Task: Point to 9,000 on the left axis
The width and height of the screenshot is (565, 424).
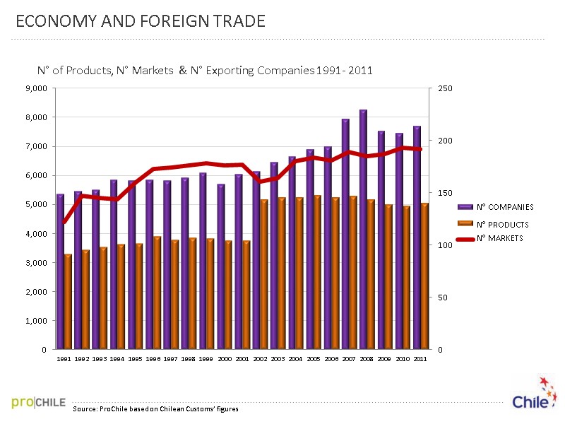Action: coord(35,88)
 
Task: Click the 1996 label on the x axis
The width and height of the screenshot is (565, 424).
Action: coord(153,360)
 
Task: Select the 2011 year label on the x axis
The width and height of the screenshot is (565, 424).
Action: coord(420,360)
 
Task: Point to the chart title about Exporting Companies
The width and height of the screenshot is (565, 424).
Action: coord(205,71)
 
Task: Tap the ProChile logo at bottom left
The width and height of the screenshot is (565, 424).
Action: coord(39,403)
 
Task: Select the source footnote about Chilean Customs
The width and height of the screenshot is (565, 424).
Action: coord(160,409)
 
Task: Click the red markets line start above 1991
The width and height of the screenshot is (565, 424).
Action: coord(64,222)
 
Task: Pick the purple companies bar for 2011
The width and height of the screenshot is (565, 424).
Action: coord(417,237)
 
